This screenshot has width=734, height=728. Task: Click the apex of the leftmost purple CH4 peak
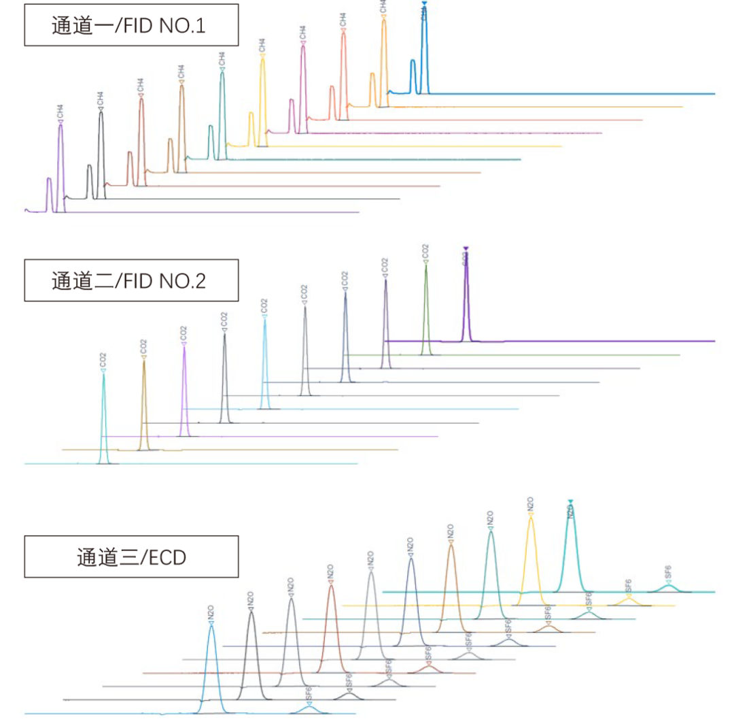60,127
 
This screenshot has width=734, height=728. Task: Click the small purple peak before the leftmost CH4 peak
48,180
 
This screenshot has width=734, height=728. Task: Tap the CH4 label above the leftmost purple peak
60,111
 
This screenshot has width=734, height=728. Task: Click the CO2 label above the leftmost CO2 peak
103,359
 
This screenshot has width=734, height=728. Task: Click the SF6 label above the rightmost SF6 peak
668,572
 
